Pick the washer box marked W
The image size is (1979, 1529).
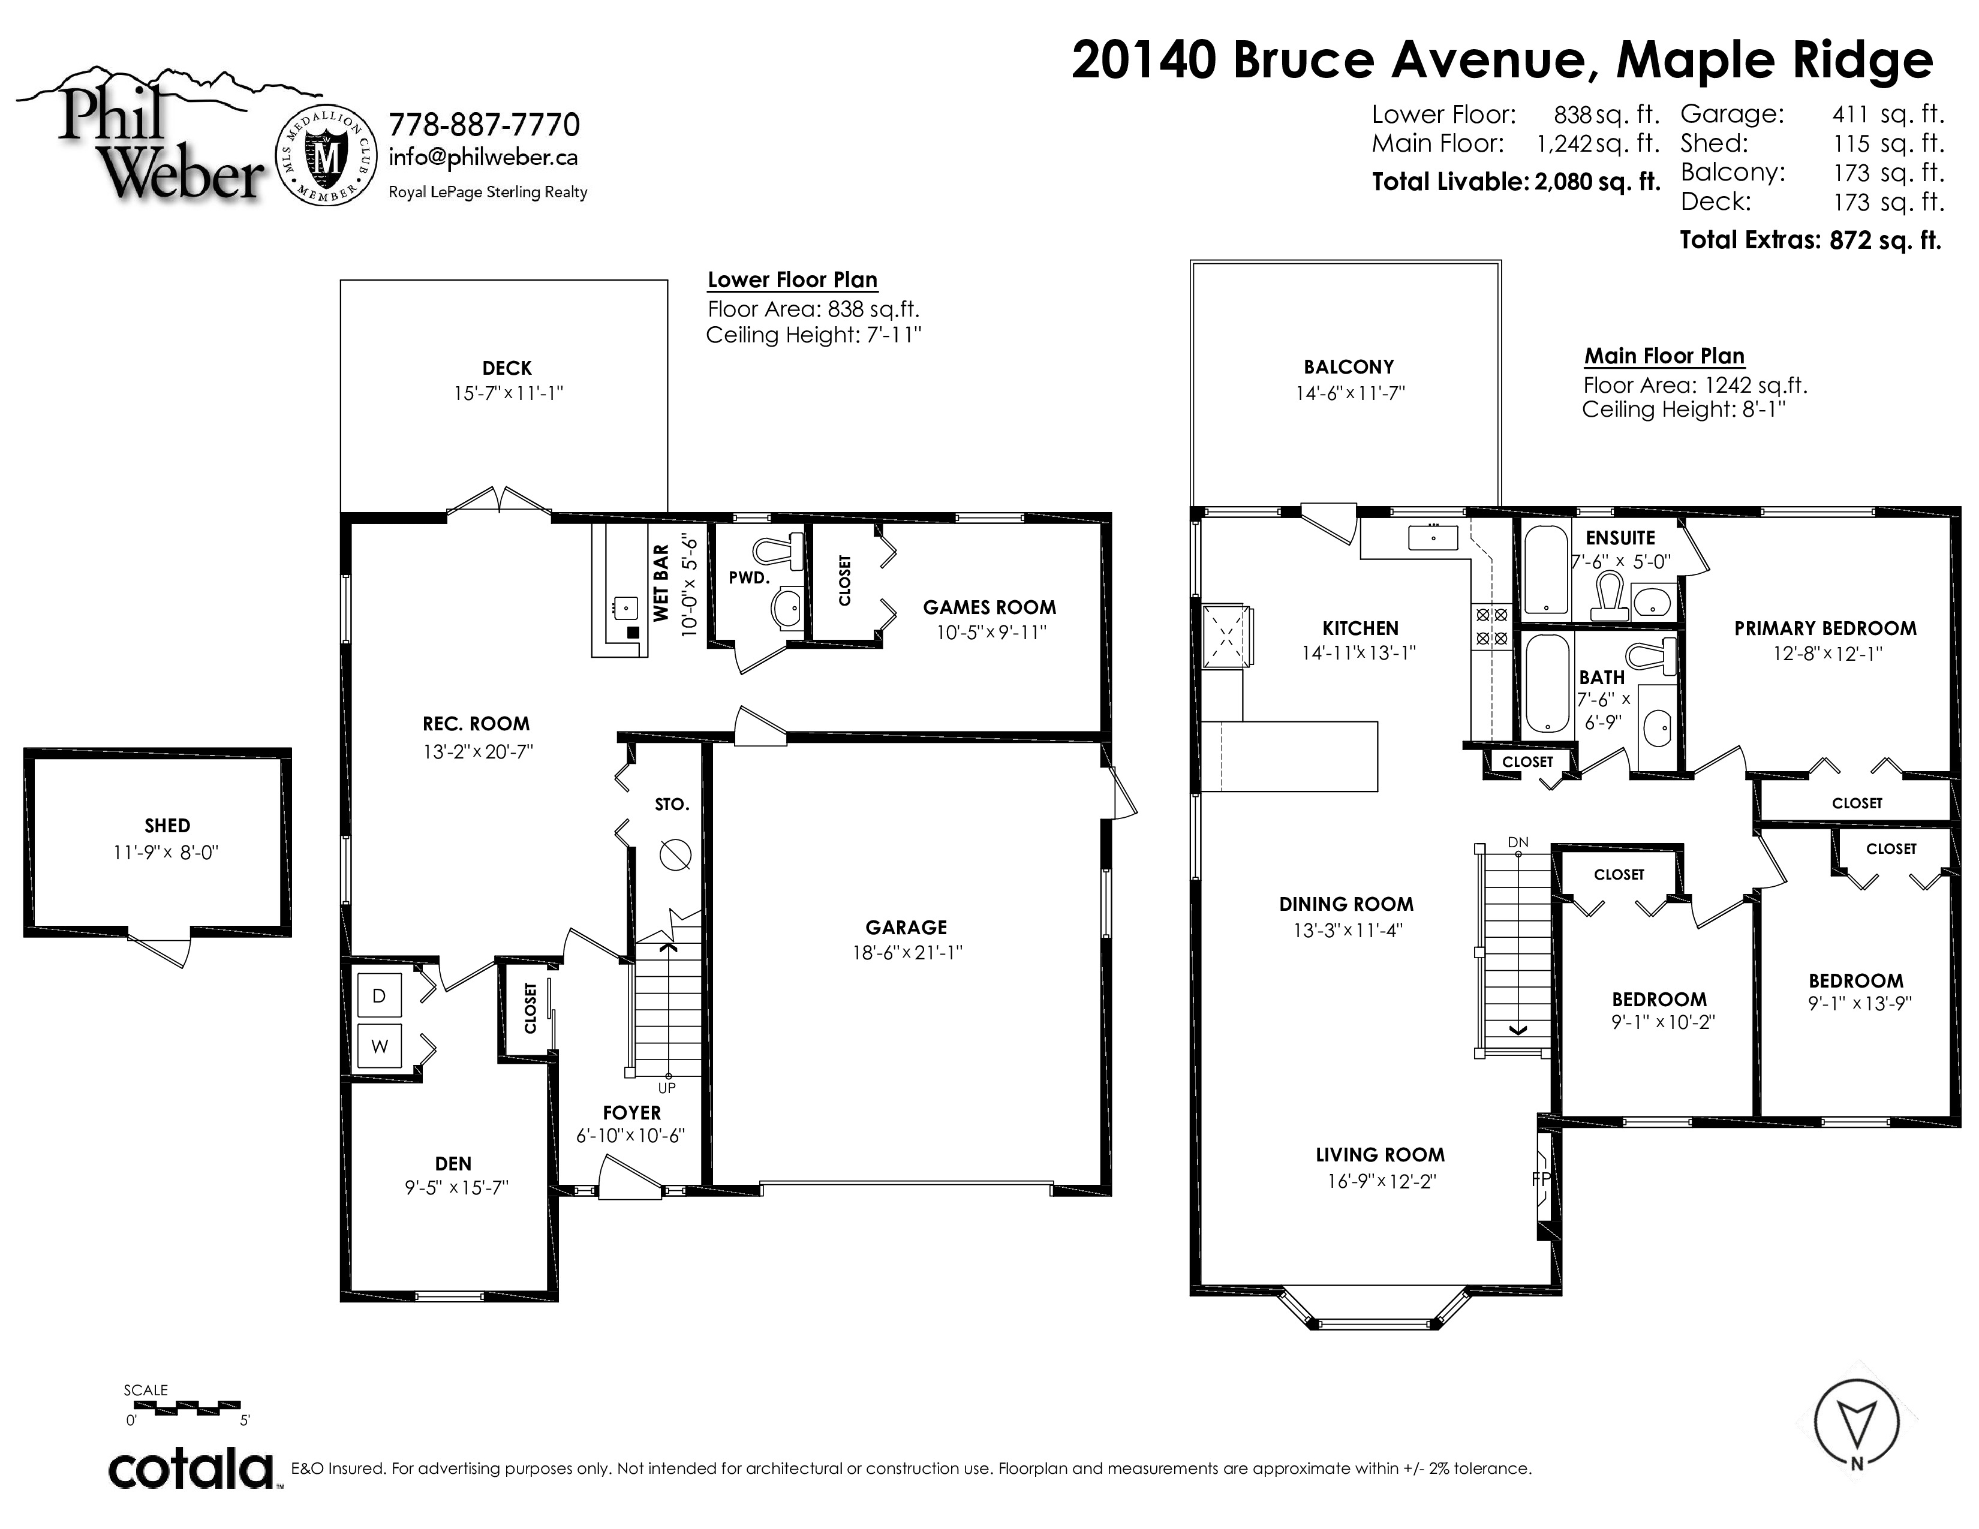[380, 1046]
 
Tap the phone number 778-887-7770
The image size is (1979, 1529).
[484, 124]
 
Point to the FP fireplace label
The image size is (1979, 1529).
[1541, 1178]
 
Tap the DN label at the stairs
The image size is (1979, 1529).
[1518, 842]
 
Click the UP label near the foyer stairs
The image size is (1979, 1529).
[667, 1088]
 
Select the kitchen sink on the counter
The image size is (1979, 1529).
[1433, 538]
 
